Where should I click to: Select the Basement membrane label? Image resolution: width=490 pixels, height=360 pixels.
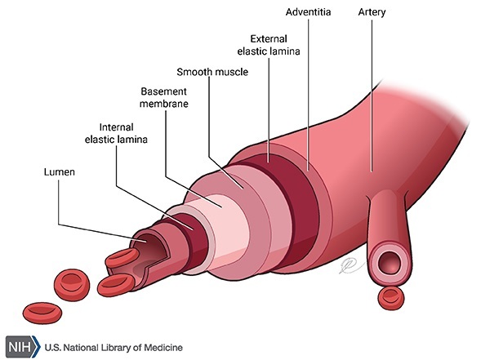(165, 97)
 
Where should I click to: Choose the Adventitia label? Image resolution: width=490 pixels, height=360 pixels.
(308, 14)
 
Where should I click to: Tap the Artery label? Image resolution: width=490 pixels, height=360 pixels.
(372, 14)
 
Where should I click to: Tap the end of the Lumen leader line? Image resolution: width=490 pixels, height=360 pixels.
(147, 242)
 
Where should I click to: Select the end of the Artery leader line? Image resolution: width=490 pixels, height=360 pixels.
(372, 171)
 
